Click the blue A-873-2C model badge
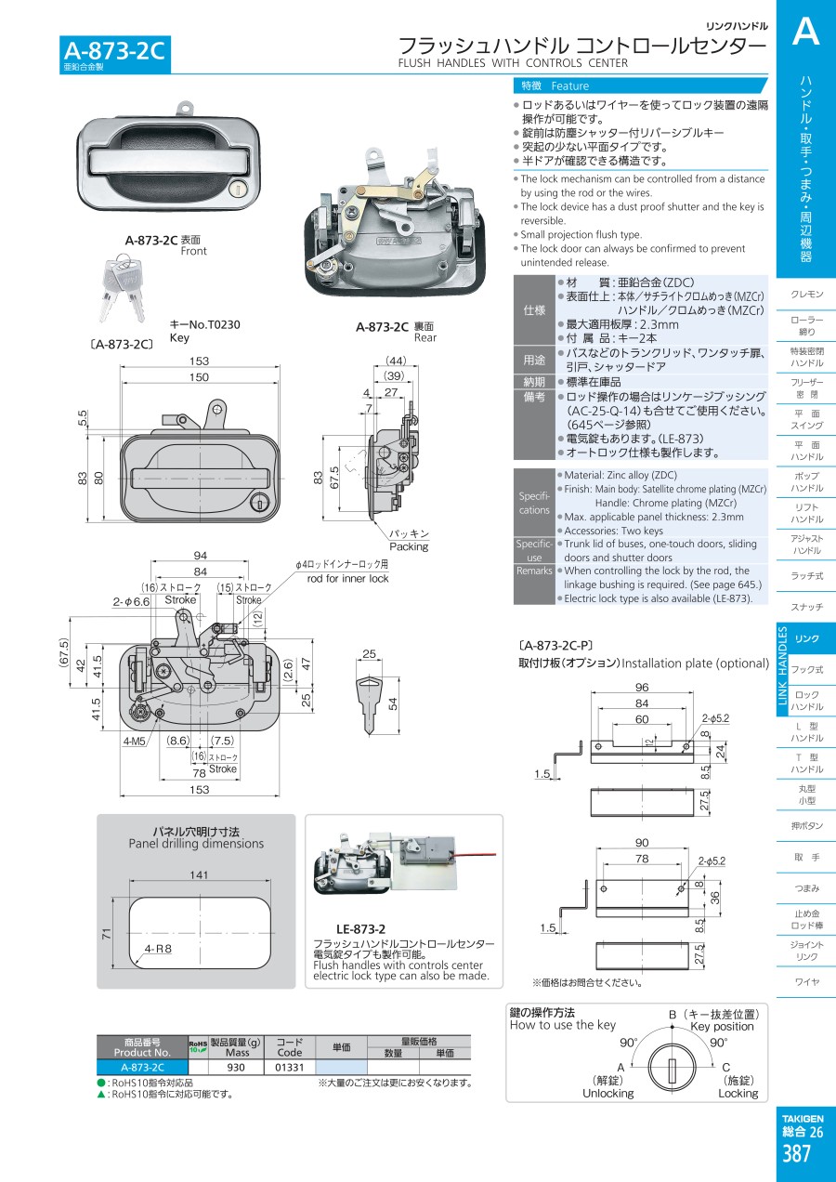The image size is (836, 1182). [x=114, y=51]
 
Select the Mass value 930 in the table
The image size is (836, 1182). [x=237, y=1068]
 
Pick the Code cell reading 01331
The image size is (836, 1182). [x=290, y=1068]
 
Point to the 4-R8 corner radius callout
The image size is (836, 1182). [x=159, y=949]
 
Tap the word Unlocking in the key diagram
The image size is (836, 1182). [x=607, y=1094]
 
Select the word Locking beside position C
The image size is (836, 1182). [x=738, y=1094]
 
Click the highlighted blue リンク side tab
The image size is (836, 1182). [x=806, y=638]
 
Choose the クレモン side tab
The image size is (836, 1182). [x=806, y=295]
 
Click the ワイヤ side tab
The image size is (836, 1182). [x=806, y=982]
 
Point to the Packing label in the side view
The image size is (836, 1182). [x=409, y=546]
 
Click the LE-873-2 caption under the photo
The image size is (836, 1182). [x=360, y=928]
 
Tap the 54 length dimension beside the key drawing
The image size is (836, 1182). [x=392, y=703]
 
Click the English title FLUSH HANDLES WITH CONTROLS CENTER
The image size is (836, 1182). [x=513, y=63]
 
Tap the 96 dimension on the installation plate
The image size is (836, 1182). [x=641, y=689]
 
